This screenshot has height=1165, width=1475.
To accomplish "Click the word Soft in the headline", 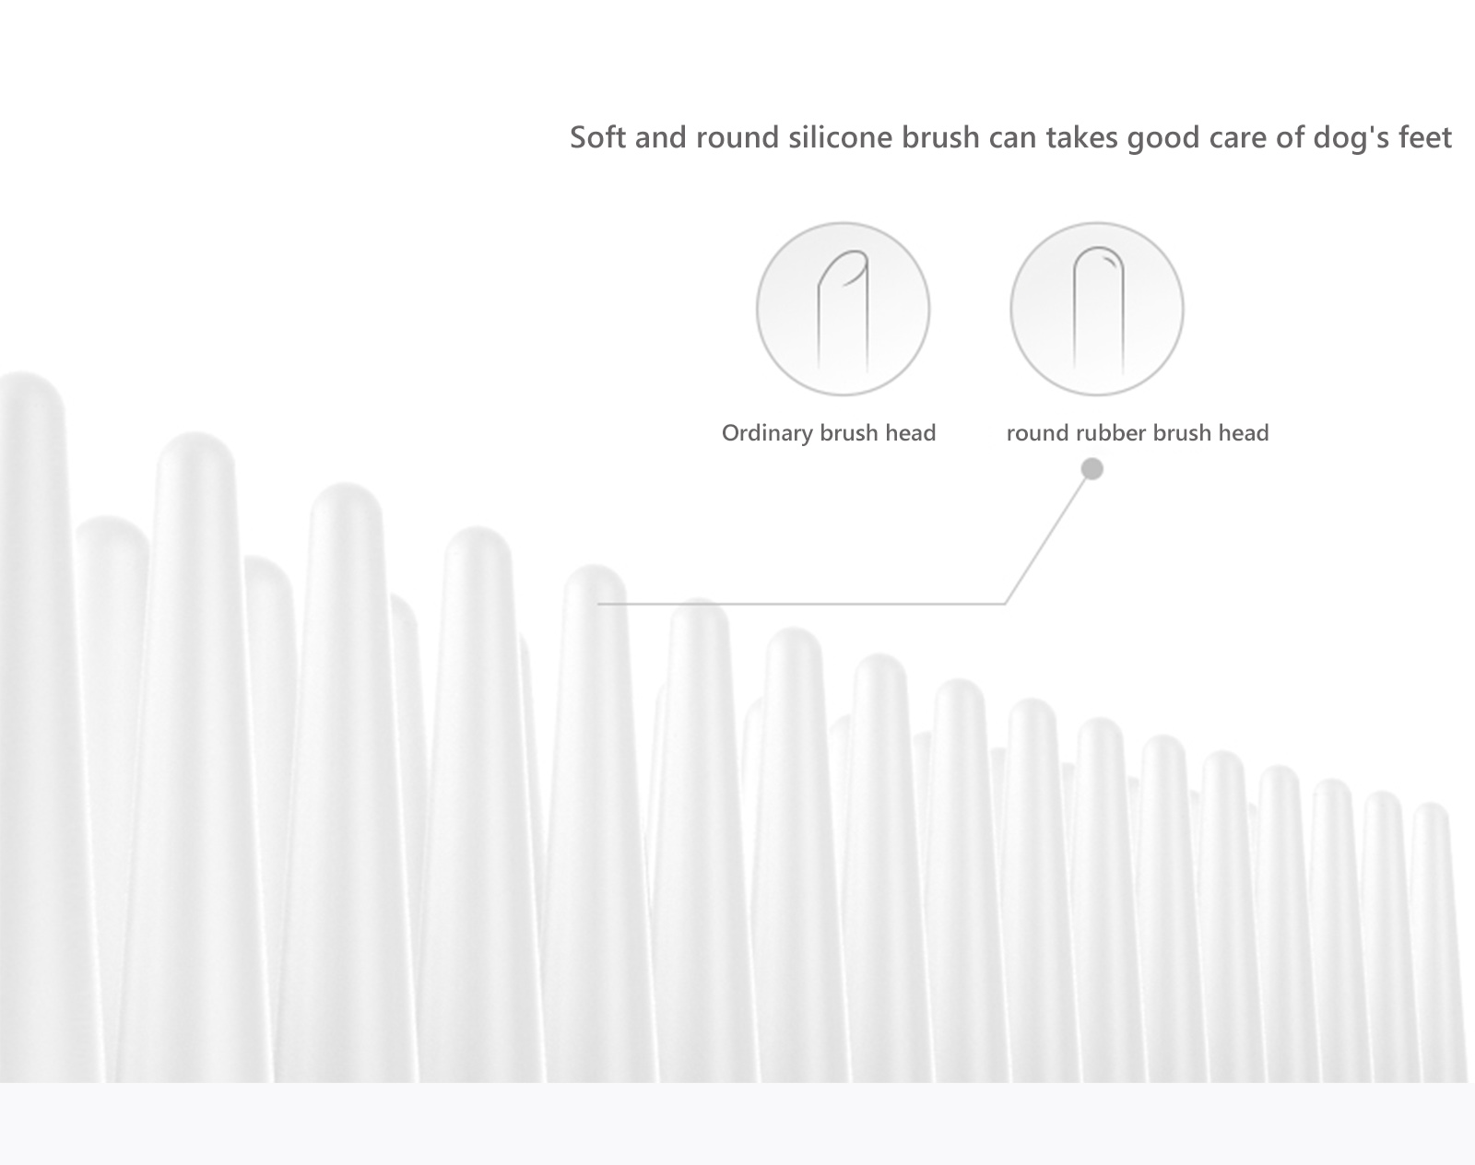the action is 597,137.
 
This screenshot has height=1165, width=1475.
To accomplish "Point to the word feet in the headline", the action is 1423,137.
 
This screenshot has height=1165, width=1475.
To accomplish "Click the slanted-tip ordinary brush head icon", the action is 843,309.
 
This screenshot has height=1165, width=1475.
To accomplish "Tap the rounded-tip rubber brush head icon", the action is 1097,309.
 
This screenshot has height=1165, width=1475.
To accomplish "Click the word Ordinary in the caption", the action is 766,434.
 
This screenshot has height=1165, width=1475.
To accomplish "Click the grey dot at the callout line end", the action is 1092,469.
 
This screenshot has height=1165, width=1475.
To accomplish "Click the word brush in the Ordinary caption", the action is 846,433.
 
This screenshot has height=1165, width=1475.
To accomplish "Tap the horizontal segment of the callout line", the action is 801,604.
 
